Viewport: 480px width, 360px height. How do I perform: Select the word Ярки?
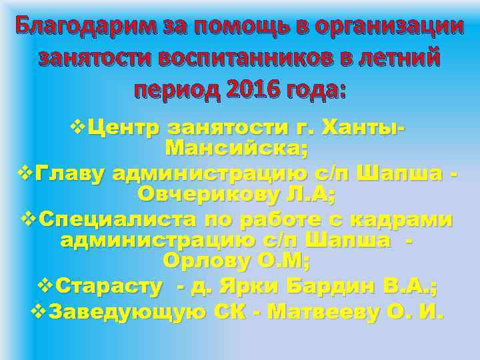253,287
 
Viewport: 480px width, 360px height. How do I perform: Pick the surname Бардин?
332,287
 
